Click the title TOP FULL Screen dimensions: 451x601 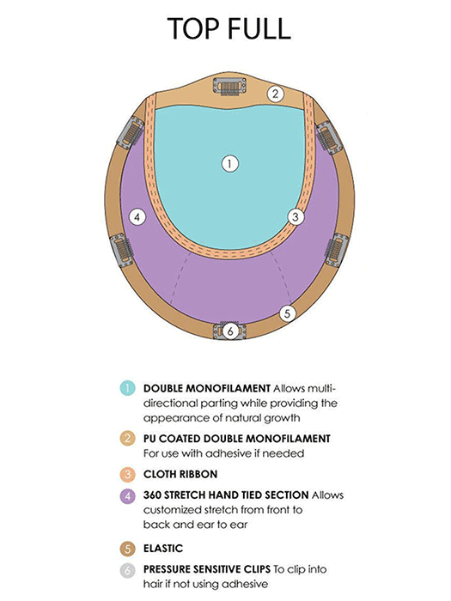tap(229, 28)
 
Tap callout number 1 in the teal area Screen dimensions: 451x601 tap(229, 164)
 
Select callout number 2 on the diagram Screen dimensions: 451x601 tap(276, 94)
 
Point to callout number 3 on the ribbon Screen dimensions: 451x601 tap(296, 217)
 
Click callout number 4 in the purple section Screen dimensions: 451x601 tap(137, 218)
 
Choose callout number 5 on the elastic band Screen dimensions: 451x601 tap(287, 313)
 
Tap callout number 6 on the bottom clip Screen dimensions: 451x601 tap(230, 331)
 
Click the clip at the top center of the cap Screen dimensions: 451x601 tap(229, 87)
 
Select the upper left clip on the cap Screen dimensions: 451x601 tap(131, 132)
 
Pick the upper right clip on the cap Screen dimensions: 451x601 tap(329, 137)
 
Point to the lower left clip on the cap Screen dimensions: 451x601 tap(122, 251)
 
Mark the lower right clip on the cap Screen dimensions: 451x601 tap(337, 250)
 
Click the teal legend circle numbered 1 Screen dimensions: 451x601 tap(127, 388)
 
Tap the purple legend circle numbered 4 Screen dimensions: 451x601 tap(127, 496)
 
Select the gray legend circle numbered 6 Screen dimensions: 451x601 tap(127, 571)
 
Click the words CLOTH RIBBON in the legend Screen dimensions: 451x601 tap(180, 475)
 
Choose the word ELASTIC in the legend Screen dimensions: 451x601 tap(163, 549)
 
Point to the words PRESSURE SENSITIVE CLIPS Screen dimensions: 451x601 tap(207, 569)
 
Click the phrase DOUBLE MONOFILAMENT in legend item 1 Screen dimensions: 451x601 tap(207, 388)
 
